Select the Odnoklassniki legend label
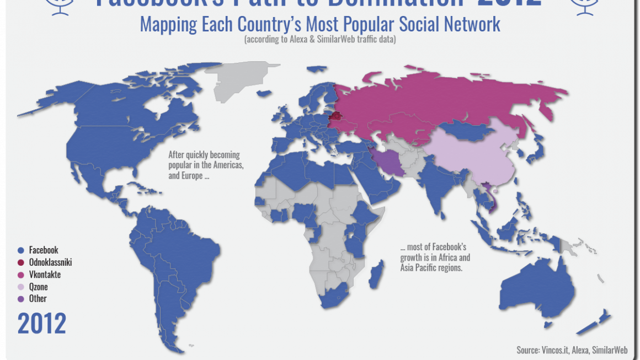point(50,262)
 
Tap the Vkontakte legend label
point(45,275)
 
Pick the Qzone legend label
point(38,287)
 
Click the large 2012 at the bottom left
point(42,324)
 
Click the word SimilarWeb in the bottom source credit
point(610,350)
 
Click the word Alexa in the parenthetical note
point(302,40)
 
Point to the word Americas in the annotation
point(227,166)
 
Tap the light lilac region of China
point(474,154)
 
